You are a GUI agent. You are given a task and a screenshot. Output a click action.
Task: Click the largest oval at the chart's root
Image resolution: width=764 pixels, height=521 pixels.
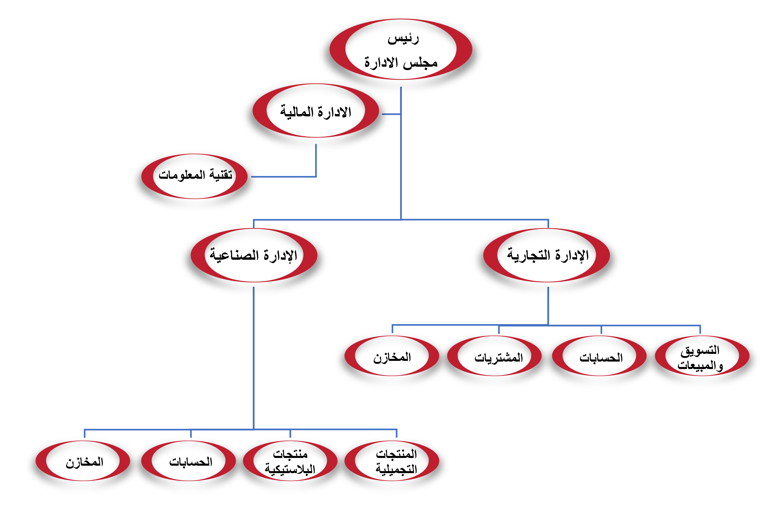[401, 49]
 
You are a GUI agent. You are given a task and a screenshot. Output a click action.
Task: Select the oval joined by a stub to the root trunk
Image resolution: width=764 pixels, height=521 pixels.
[315, 110]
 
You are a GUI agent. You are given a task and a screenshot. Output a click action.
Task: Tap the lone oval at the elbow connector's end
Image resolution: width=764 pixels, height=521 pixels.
[194, 176]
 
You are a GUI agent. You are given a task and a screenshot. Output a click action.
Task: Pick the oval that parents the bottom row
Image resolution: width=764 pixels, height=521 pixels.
[254, 255]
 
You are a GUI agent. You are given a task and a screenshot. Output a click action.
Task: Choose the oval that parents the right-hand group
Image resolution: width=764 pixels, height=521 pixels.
[546, 255]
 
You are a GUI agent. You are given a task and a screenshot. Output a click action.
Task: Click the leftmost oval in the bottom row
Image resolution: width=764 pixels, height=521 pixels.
[83, 461]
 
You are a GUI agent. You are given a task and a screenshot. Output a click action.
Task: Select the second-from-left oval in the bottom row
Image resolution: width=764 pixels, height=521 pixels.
[188, 461]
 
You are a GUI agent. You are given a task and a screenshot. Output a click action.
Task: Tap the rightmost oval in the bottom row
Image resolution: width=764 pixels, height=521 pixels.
[392, 461]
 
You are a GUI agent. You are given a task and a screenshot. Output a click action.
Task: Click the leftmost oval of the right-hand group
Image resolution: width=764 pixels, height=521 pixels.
[392, 356]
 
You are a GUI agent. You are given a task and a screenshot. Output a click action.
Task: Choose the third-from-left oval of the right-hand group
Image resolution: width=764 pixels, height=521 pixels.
[599, 356]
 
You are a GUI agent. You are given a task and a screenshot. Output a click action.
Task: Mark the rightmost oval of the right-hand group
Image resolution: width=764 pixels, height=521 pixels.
[702, 356]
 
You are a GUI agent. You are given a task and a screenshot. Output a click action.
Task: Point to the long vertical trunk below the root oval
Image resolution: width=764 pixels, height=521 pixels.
[401, 164]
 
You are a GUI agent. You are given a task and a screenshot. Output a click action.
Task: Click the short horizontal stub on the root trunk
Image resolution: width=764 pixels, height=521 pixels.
[391, 114]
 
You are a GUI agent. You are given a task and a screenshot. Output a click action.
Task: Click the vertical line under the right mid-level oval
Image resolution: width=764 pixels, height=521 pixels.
[548, 306]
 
